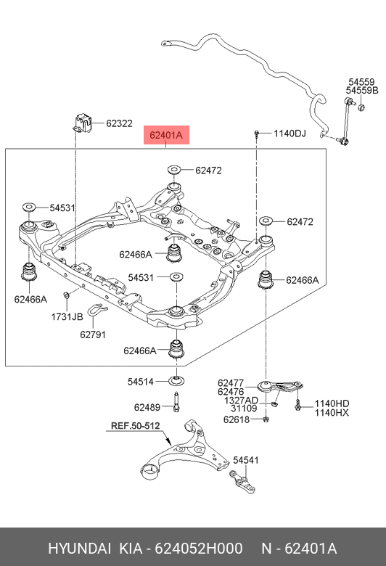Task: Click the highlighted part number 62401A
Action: click(166, 134)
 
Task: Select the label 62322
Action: click(119, 123)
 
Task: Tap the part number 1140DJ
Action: click(290, 134)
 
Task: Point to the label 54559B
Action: click(361, 91)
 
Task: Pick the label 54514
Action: click(141, 382)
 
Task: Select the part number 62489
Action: click(147, 406)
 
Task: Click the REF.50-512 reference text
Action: click(134, 427)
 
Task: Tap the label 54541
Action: click(247, 460)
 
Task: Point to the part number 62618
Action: click(237, 419)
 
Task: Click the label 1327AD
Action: click(241, 401)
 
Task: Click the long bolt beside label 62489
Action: click(176, 401)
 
